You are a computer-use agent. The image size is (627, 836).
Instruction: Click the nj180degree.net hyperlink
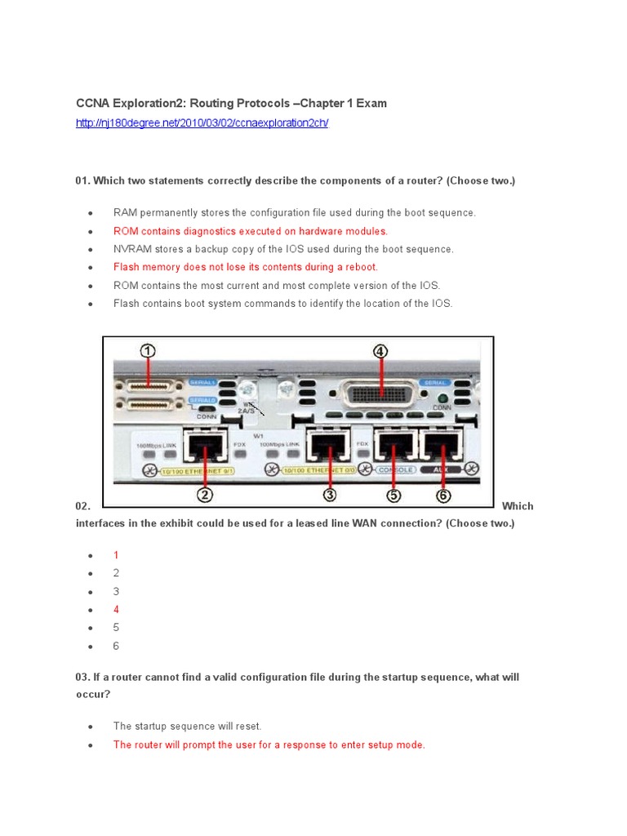[202, 122]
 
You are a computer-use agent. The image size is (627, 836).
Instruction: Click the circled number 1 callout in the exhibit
[148, 351]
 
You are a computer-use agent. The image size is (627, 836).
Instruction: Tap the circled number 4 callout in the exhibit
[380, 352]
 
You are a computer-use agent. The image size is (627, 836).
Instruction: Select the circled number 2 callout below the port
[204, 493]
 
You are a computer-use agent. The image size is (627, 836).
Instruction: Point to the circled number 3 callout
[329, 493]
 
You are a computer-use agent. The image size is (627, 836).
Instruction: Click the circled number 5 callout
[394, 493]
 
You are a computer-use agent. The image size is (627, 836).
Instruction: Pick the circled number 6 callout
[442, 493]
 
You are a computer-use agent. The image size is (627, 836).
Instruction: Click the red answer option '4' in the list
[116, 610]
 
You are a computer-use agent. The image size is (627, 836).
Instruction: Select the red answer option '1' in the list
[116, 555]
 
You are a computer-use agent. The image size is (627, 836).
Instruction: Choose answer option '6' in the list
[116, 647]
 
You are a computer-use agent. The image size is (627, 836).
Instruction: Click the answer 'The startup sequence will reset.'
[187, 726]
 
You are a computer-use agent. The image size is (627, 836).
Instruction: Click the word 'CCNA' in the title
[91, 104]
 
